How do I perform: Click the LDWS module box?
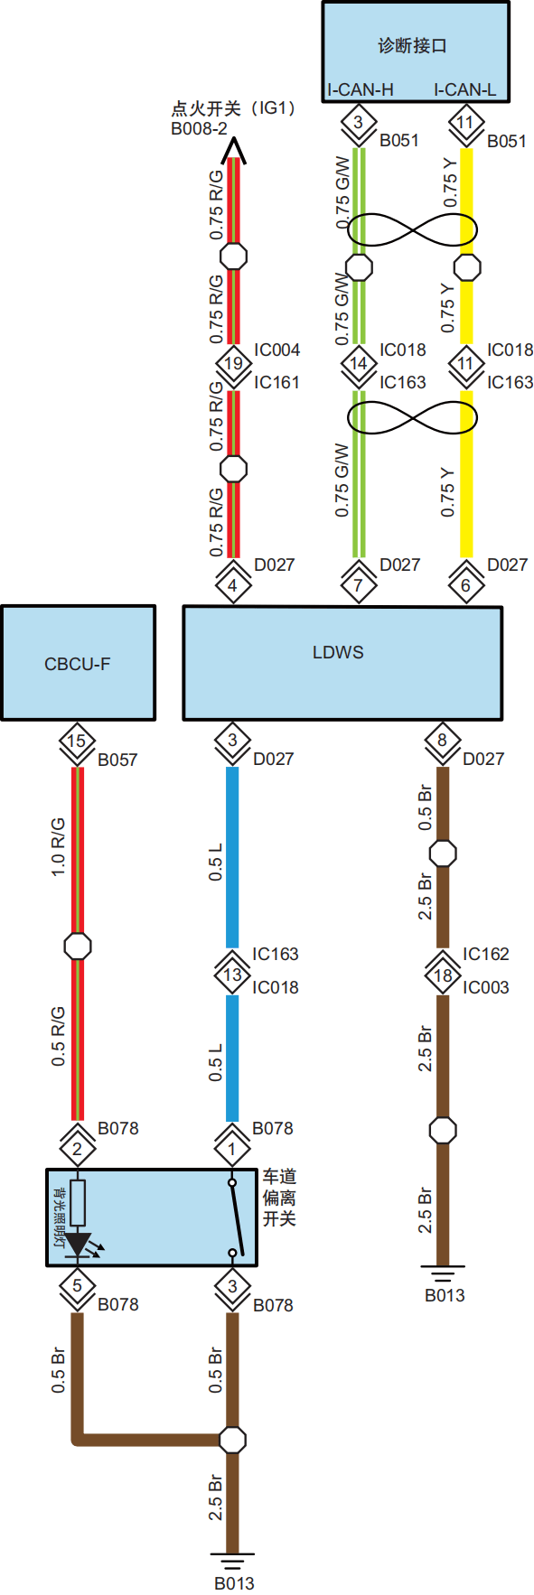pos(342,663)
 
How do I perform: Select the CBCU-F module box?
pos(78,663)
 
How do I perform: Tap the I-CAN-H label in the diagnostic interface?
pos(361,89)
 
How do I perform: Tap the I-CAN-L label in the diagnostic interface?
pos(464,89)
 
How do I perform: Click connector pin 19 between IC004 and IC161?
pos(233,363)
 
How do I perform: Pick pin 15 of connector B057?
pos(77,741)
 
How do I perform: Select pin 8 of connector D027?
pos(442,741)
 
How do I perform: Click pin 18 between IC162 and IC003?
pos(443,975)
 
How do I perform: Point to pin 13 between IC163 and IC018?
pos(232,975)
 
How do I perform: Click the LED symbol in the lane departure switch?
pos(80,1245)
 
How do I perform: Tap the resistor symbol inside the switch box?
pos(78,1202)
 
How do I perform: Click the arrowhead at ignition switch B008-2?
pos(233,147)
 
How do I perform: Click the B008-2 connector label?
pos(199,128)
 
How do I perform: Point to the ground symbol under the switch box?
pos(232,1560)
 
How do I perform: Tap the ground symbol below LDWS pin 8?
pos(442,1273)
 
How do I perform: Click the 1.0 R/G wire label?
pos(58,846)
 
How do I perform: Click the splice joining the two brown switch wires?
pos(232,1438)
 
